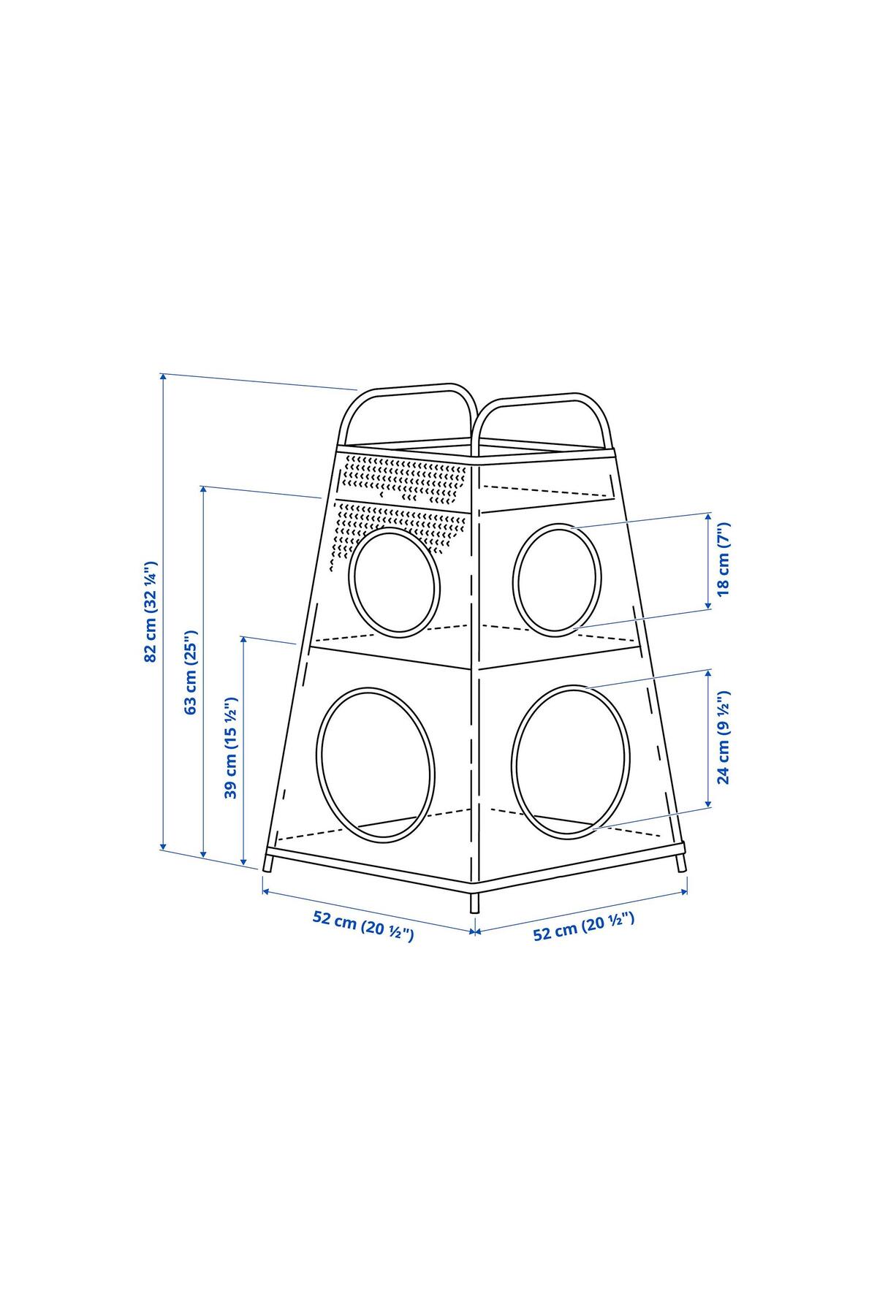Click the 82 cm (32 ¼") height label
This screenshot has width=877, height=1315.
tap(151, 611)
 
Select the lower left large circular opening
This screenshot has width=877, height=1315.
tap(376, 763)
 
